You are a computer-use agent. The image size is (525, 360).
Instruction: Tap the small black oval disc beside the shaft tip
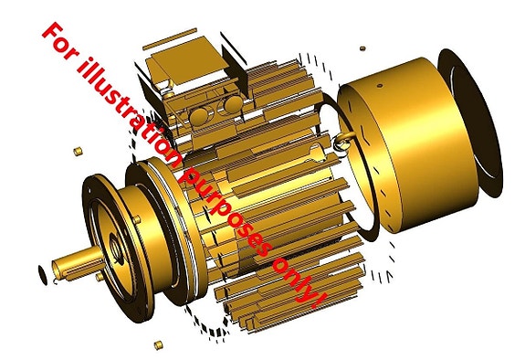(x=43, y=275)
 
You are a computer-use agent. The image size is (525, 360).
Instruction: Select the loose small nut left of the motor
(x=78, y=151)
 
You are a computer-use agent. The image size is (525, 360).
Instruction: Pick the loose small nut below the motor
(x=158, y=344)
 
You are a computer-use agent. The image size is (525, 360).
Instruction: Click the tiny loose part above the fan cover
(x=362, y=48)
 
